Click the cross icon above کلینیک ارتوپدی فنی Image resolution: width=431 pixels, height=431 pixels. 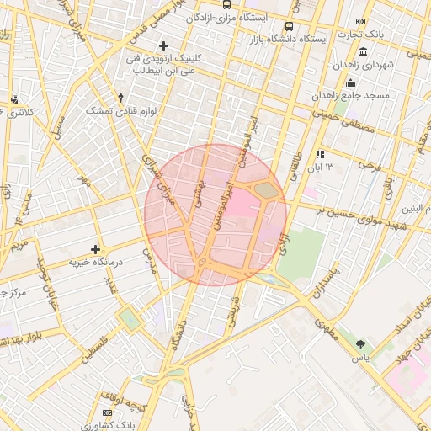[x=163, y=45]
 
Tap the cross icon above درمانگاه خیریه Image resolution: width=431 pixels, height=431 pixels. [x=96, y=249]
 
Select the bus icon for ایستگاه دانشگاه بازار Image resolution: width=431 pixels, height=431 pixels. [x=290, y=26]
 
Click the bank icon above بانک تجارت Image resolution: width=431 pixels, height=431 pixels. [x=361, y=21]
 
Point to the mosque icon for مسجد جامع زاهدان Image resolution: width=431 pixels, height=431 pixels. [x=351, y=82]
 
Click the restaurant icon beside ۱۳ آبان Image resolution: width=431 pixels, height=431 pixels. [x=320, y=154]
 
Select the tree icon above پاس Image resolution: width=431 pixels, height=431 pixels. [x=361, y=344]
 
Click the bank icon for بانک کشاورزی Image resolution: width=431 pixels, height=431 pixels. [x=107, y=413]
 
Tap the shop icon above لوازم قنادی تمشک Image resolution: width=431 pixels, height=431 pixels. [x=120, y=98]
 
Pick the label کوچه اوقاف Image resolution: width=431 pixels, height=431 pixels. [x=121, y=394]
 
